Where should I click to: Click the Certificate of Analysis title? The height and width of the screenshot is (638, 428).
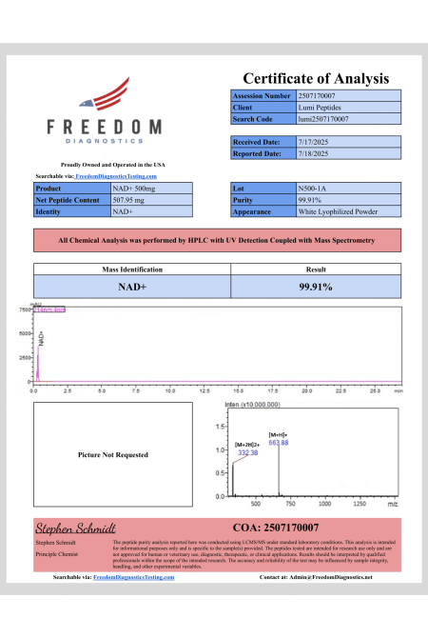pos(316,78)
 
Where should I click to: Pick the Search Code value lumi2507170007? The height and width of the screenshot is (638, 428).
pos(323,119)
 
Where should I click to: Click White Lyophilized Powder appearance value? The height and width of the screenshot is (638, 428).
pos(332,211)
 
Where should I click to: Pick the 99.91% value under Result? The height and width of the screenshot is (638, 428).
pos(315,286)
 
